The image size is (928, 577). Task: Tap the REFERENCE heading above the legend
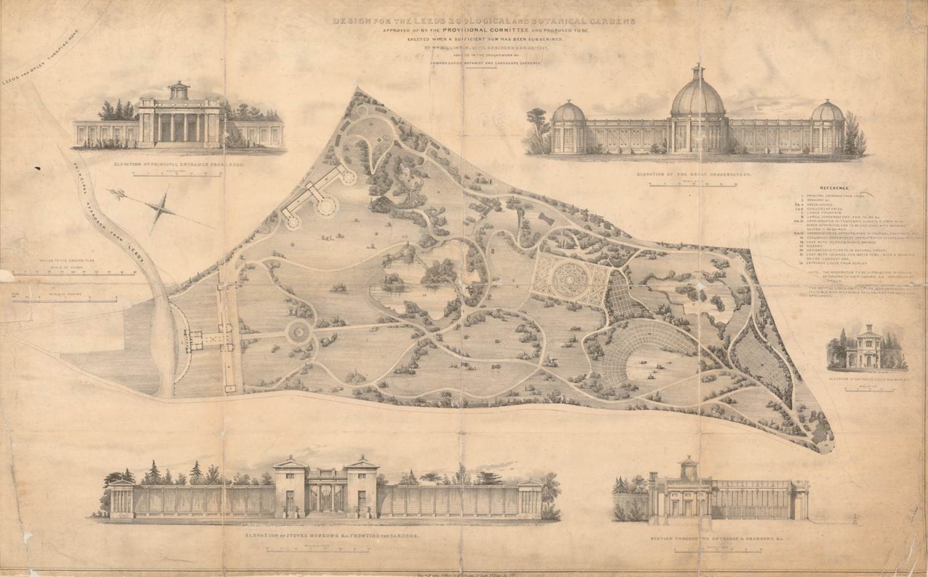[834, 187]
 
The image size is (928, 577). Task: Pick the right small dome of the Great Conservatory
[826, 113]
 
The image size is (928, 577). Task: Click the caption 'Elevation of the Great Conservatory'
[696, 175]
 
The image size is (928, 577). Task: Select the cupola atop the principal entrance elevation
[177, 87]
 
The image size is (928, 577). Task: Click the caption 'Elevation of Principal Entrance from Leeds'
[179, 165]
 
